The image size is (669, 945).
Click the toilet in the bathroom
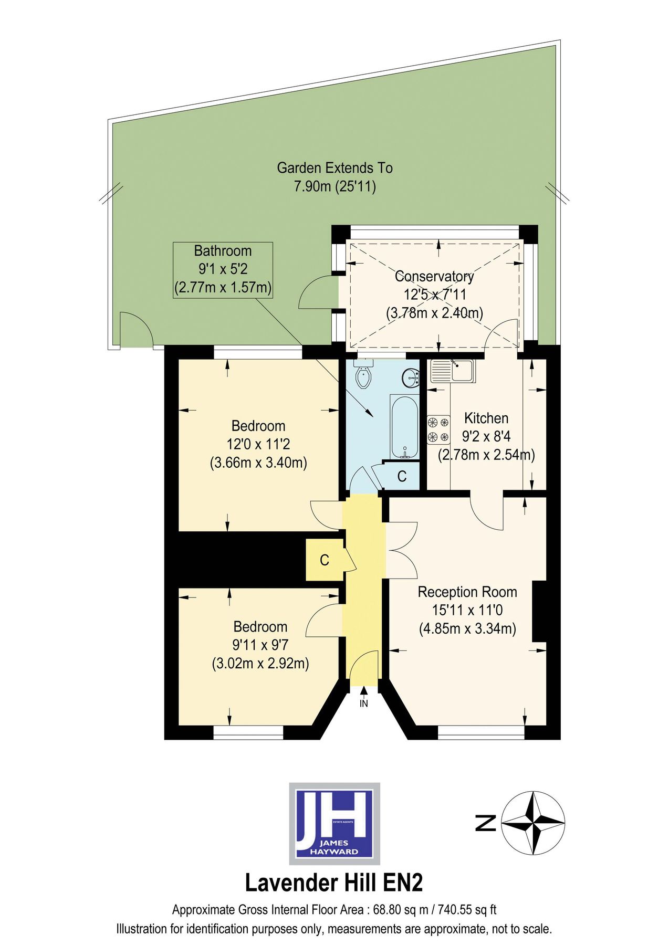[363, 375]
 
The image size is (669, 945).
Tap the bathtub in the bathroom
[404, 427]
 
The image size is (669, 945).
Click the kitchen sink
[452, 370]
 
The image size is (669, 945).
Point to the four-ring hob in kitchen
[438, 429]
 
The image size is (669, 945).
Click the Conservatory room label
[434, 277]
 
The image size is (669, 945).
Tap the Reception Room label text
[467, 592]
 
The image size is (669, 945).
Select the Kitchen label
[486, 418]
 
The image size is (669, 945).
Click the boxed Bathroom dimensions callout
[223, 270]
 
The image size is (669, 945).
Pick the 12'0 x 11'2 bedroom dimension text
[258, 445]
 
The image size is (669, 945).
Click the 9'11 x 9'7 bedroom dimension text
[260, 645]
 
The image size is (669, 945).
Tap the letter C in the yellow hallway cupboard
[325, 560]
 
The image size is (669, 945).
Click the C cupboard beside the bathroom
[402, 476]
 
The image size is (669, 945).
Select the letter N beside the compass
[486, 823]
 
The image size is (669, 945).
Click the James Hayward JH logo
[334, 823]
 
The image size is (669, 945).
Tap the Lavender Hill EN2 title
[334, 883]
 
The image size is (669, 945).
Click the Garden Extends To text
[335, 168]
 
